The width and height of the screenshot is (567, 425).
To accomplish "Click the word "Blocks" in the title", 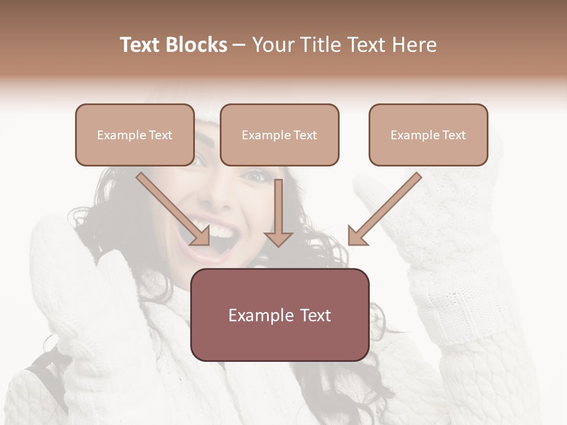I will pyautogui.click(x=197, y=45).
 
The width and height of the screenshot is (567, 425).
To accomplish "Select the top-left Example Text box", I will pyautogui.click(x=135, y=135).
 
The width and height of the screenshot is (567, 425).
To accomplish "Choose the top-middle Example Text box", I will pyautogui.click(x=279, y=135).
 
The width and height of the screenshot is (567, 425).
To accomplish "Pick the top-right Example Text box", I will pyautogui.click(x=428, y=135).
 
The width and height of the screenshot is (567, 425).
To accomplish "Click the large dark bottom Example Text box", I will pyautogui.click(x=279, y=315).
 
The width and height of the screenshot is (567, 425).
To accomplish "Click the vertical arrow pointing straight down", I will pyautogui.click(x=278, y=207).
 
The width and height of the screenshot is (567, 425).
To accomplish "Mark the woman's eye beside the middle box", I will pyautogui.click(x=255, y=175).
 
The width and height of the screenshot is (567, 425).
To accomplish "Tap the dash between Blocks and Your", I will pyautogui.click(x=239, y=45).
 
